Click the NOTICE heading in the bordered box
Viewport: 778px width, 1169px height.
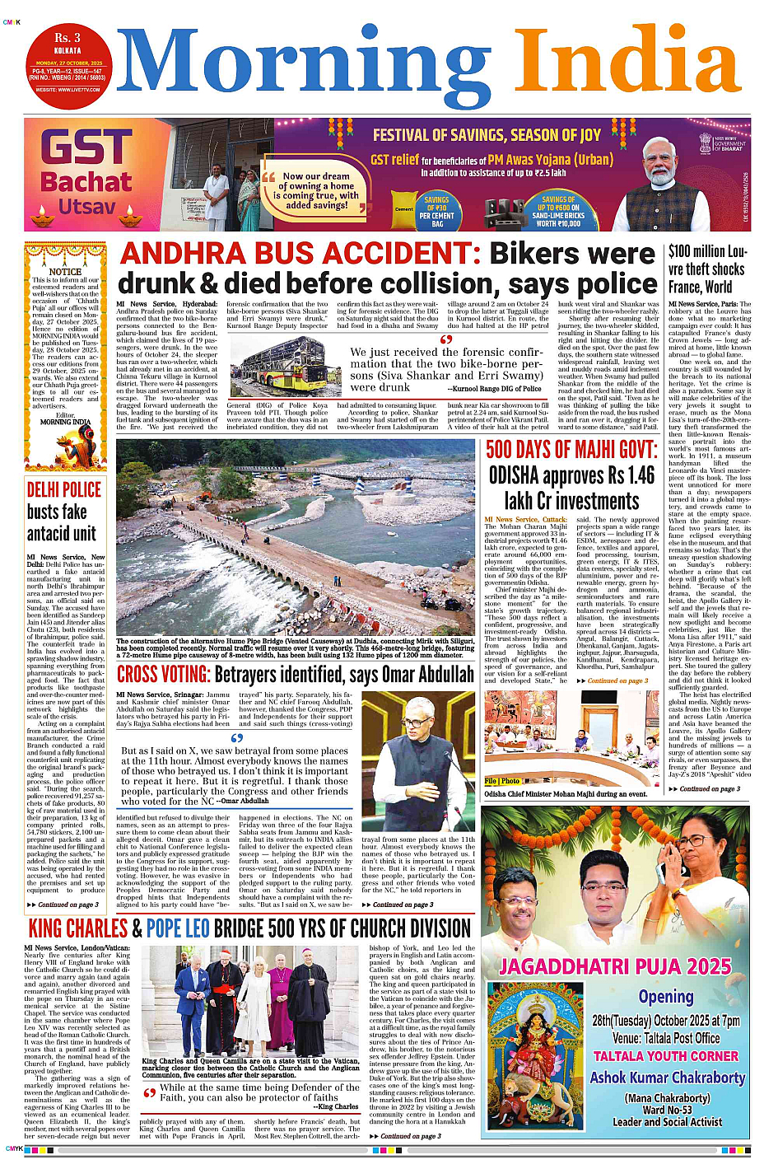[x=65, y=271]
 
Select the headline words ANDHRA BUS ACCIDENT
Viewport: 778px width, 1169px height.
[x=295, y=253]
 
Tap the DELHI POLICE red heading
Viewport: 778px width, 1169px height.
[x=64, y=489]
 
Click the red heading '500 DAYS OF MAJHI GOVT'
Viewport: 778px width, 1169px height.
[x=571, y=450]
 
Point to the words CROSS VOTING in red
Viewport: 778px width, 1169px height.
[x=163, y=675]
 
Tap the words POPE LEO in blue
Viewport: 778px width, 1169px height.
[x=178, y=928]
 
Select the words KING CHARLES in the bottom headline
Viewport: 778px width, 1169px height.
[x=77, y=928]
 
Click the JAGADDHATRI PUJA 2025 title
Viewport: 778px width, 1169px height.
[x=615, y=966]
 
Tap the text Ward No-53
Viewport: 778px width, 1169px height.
[x=667, y=1109]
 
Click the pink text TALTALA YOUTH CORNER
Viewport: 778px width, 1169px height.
[x=666, y=1056]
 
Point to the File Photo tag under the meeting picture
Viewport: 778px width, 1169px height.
[x=502, y=781]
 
